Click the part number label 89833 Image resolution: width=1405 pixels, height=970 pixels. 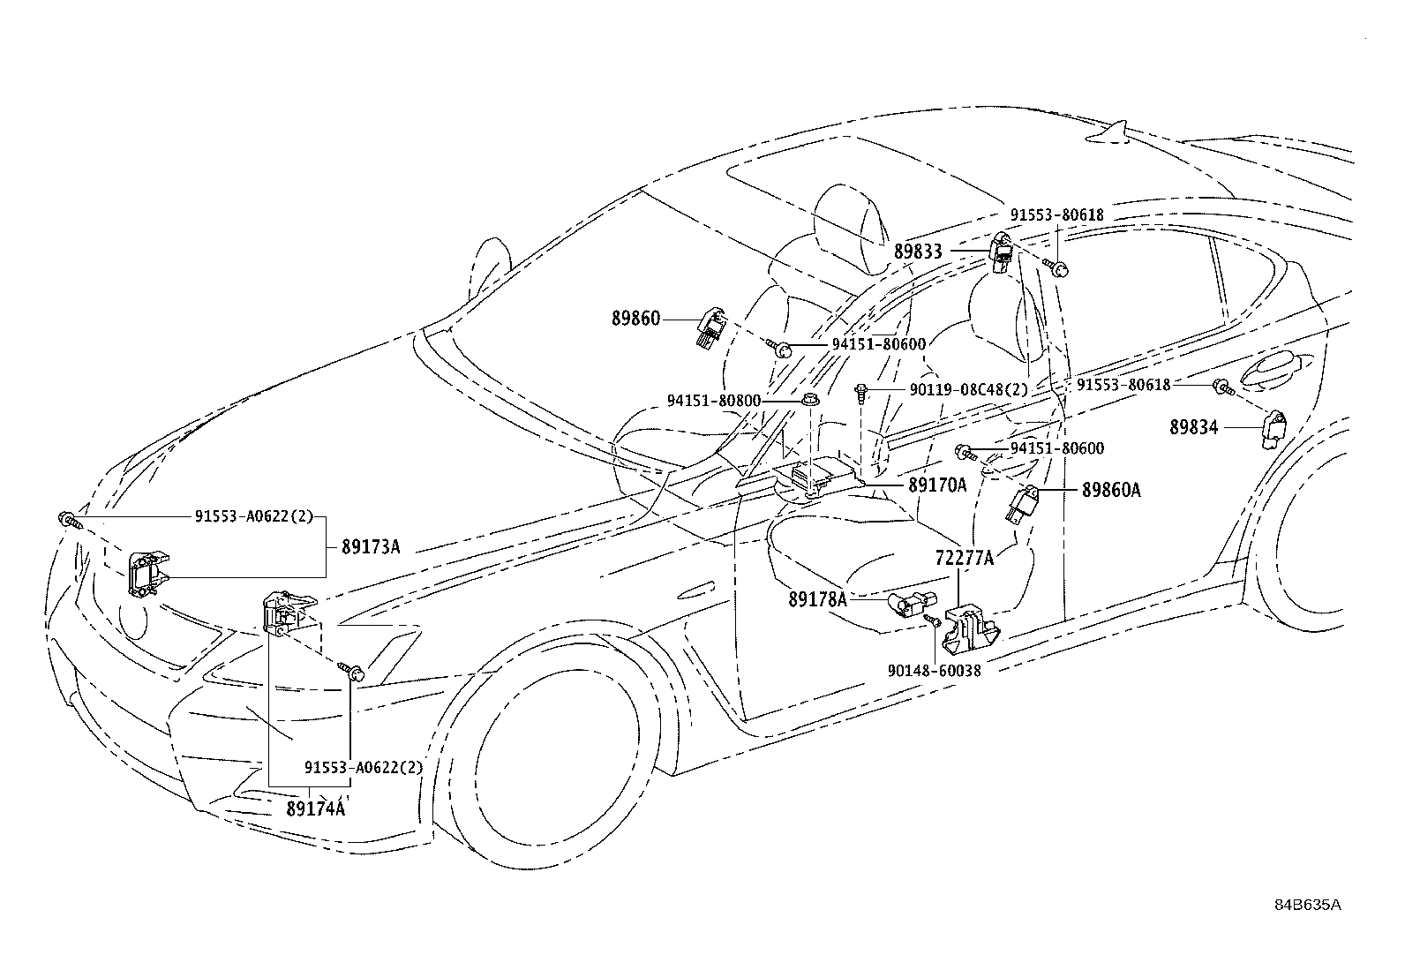(918, 252)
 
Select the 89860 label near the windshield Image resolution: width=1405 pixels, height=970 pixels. (635, 319)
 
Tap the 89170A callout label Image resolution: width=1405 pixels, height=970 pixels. (938, 485)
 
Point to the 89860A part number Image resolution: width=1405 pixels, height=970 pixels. (1111, 490)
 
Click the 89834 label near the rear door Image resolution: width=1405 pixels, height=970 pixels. (1193, 428)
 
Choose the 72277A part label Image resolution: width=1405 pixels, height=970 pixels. (964, 558)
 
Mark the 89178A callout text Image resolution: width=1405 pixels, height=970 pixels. (817, 600)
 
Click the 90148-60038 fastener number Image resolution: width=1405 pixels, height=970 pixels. (934, 672)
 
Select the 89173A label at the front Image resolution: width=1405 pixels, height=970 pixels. (370, 547)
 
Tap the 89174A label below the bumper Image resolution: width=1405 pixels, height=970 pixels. (315, 808)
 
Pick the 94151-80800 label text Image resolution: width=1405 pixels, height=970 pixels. (714, 401)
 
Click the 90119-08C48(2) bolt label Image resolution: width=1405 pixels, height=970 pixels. (969, 390)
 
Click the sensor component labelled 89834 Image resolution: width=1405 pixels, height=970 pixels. (1273, 429)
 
